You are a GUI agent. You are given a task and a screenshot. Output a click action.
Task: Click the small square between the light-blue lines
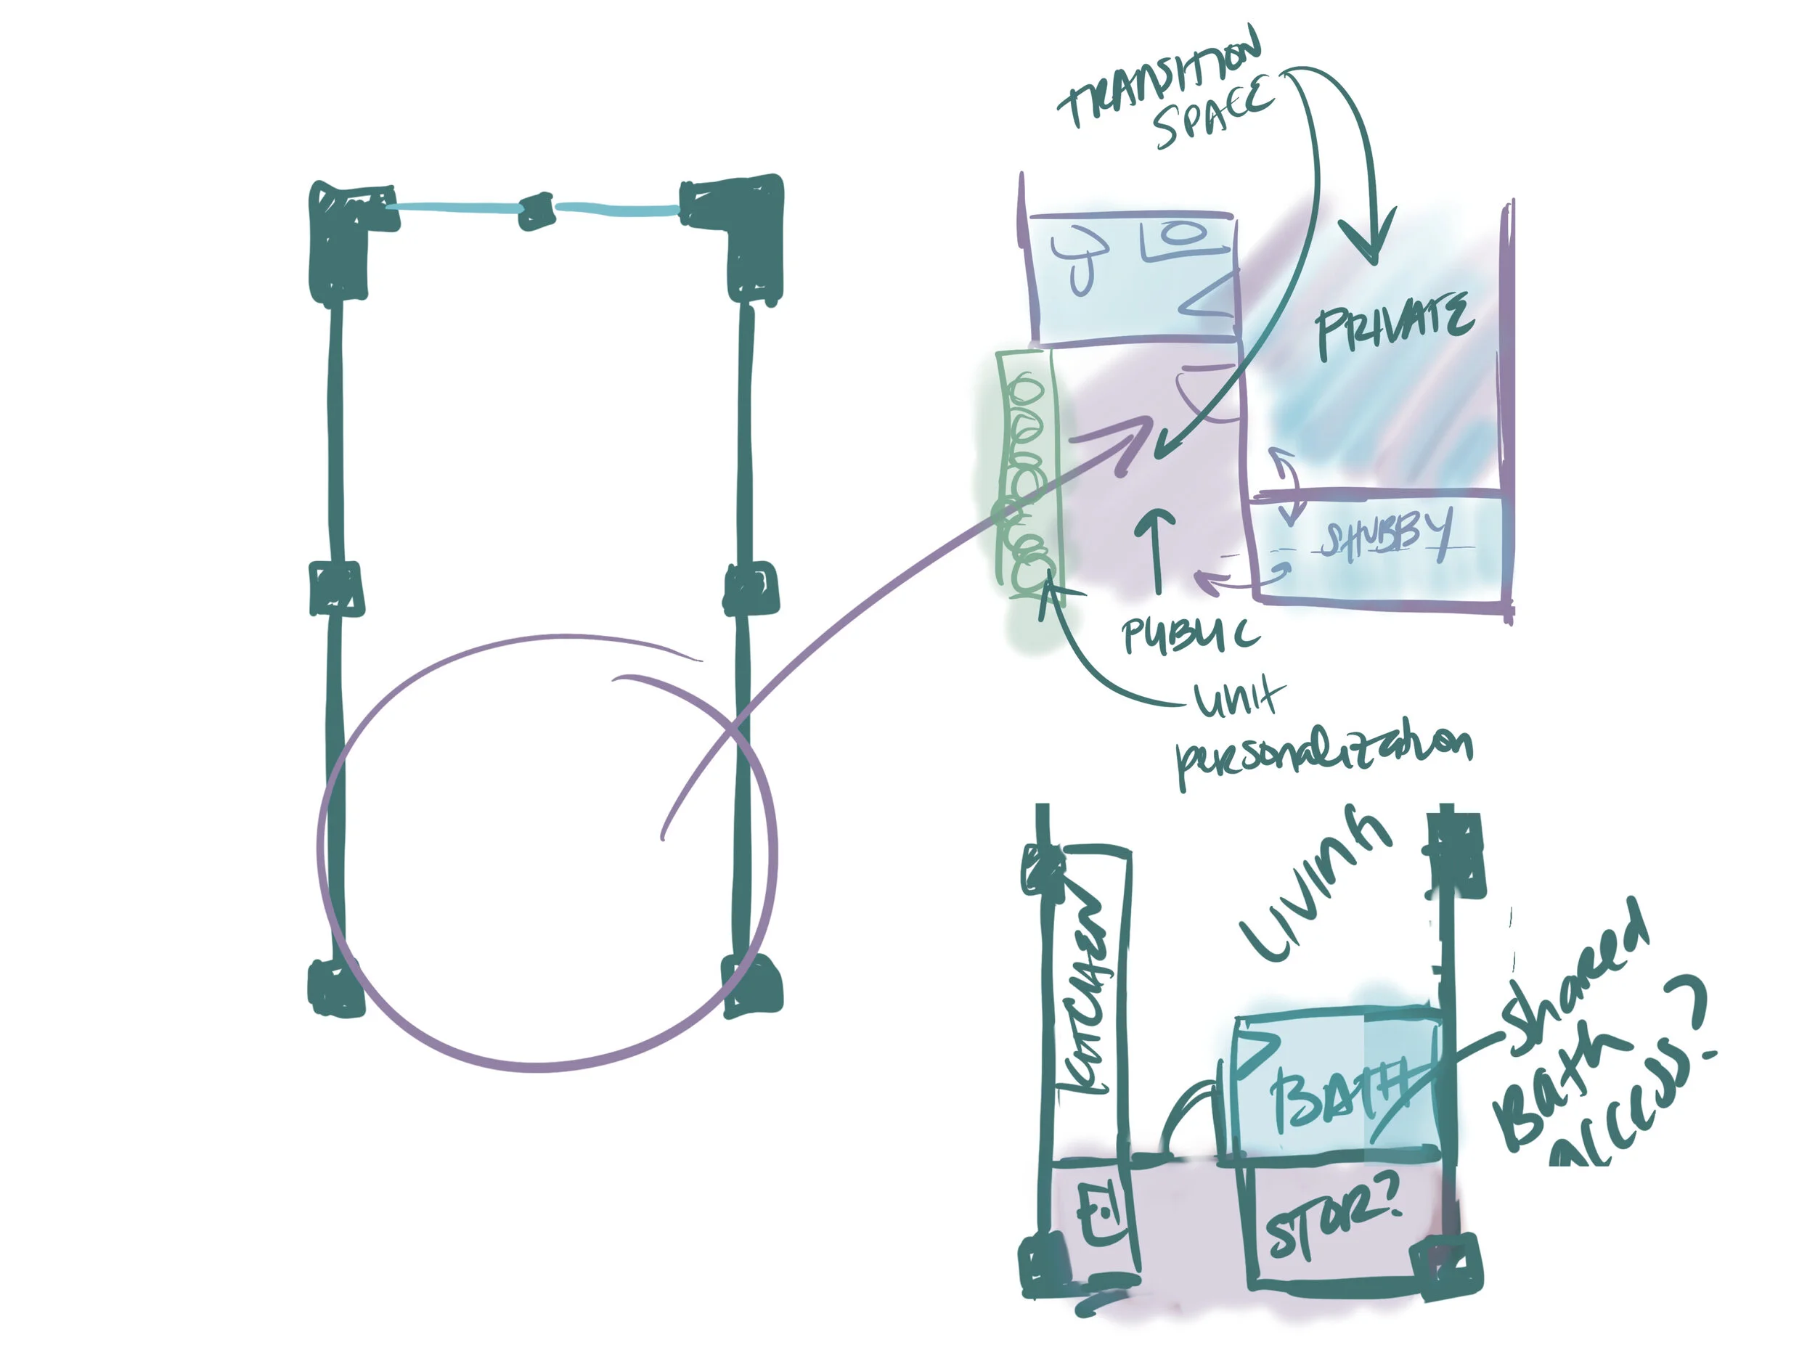point(537,211)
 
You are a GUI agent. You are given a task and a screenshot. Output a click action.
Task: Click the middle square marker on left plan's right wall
point(750,587)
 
